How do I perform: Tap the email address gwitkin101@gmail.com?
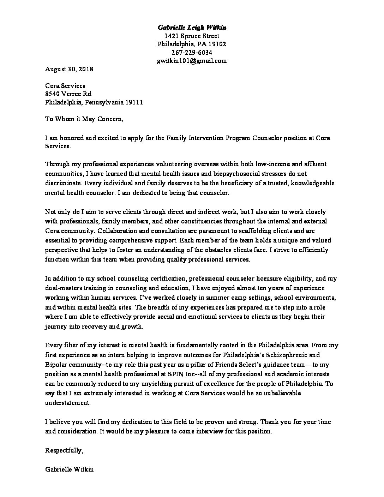click(192, 61)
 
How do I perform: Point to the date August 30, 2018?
click(69, 69)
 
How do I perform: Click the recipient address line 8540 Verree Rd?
click(68, 94)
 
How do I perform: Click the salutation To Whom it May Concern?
click(84, 119)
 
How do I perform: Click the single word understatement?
click(68, 402)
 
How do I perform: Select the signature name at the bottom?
click(70, 469)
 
